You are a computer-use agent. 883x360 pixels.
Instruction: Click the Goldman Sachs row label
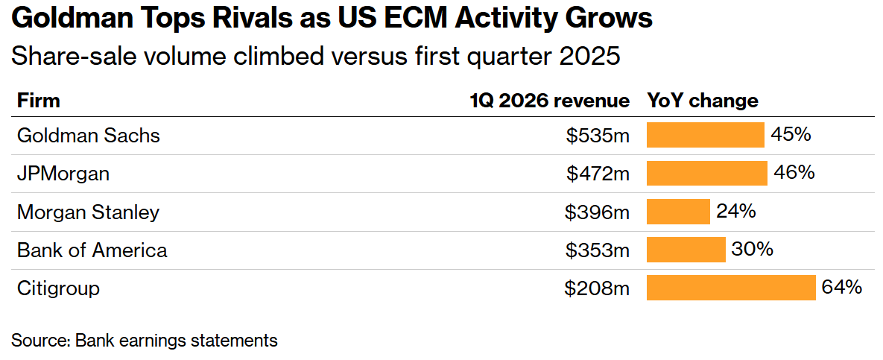pyautogui.click(x=88, y=136)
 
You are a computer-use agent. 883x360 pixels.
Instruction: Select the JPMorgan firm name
pyautogui.click(x=63, y=174)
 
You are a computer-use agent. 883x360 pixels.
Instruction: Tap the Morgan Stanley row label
pyautogui.click(x=88, y=212)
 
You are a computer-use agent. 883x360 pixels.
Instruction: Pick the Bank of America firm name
pyautogui.click(x=92, y=250)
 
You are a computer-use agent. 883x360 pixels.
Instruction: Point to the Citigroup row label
pyautogui.click(x=58, y=288)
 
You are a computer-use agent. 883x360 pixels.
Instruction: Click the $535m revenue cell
pyautogui.click(x=597, y=136)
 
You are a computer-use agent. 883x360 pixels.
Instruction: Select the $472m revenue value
pyautogui.click(x=597, y=174)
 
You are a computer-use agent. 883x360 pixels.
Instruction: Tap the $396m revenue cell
pyautogui.click(x=597, y=212)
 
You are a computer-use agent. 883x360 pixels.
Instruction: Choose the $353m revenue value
pyautogui.click(x=597, y=250)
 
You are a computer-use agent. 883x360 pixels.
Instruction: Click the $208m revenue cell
pyautogui.click(x=597, y=288)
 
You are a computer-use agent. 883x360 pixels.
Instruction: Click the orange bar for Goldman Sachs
pyautogui.click(x=705, y=136)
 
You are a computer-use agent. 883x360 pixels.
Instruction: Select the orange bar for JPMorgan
pyautogui.click(x=706, y=174)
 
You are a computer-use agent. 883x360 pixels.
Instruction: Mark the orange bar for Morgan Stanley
pyautogui.click(x=678, y=212)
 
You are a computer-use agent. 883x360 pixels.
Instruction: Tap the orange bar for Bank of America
pyautogui.click(x=686, y=250)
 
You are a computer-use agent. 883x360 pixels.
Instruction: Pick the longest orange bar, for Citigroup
pyautogui.click(x=731, y=288)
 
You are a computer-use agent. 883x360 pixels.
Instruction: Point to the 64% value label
pyautogui.click(x=841, y=287)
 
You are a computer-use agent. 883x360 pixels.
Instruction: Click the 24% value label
pyautogui.click(x=736, y=212)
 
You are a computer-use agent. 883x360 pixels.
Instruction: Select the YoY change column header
pyautogui.click(x=702, y=101)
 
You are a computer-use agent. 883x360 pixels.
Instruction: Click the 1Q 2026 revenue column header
pyautogui.click(x=549, y=101)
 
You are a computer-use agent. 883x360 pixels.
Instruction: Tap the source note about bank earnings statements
pyautogui.click(x=144, y=341)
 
